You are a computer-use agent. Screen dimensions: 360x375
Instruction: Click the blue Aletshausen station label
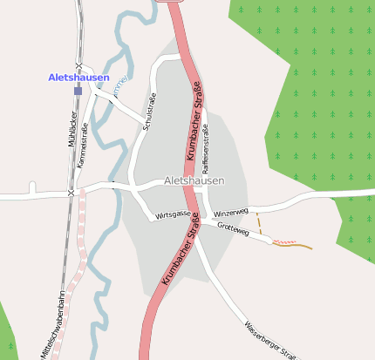coord(78,78)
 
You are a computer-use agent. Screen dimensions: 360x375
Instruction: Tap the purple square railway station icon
coord(78,90)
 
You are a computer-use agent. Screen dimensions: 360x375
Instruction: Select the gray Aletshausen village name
coord(194,180)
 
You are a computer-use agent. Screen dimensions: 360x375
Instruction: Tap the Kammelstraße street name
coord(84,146)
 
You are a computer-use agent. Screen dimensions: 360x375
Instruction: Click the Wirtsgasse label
coord(173,214)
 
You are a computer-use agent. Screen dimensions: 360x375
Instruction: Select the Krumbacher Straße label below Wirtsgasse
coord(181,254)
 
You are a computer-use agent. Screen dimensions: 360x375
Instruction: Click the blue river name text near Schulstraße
coord(121,84)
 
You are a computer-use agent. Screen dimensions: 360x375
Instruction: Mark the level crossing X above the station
coord(78,66)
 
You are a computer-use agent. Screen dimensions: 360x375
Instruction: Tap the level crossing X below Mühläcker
coord(71,192)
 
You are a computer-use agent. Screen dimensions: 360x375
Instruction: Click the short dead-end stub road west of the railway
coord(32,187)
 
